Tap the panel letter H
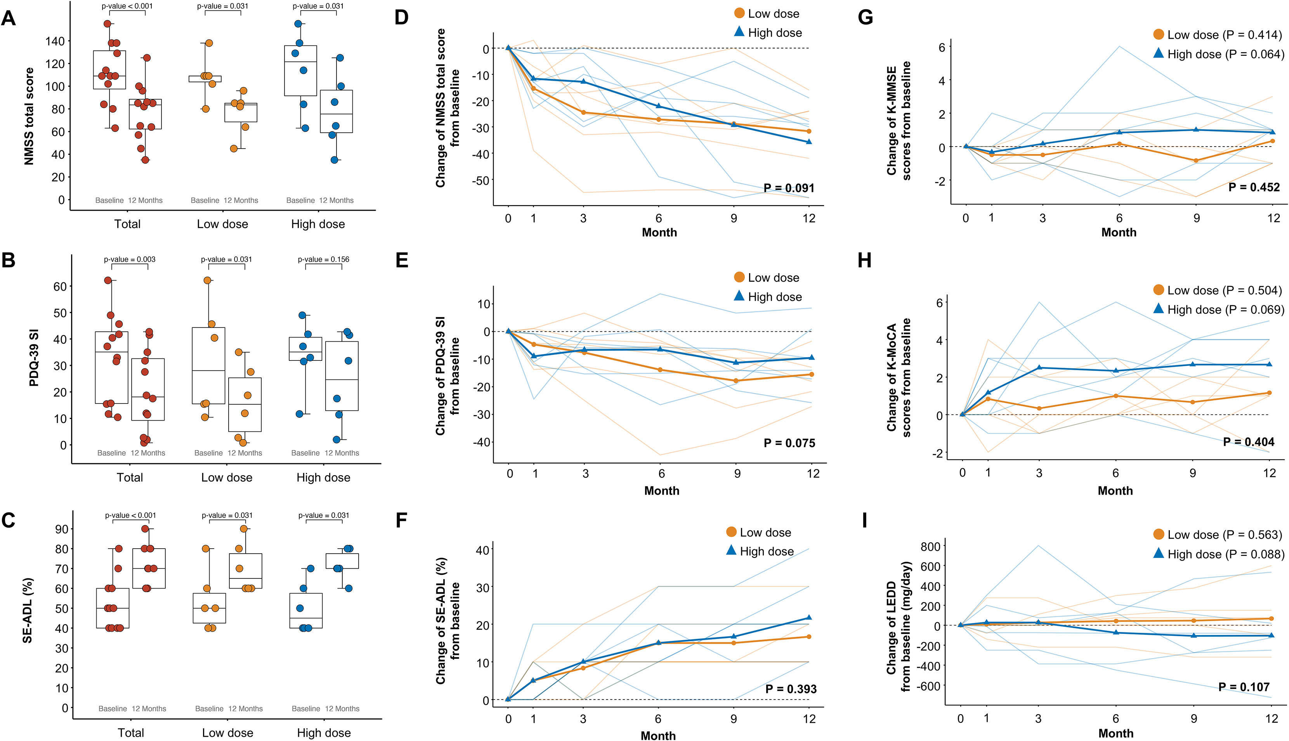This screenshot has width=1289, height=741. point(864,261)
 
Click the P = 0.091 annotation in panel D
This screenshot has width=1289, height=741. point(789,188)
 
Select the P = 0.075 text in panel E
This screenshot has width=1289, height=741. point(789,443)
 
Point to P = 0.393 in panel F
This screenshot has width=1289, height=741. point(791,689)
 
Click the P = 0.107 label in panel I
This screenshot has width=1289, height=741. point(1244,687)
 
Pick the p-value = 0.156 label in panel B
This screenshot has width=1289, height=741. point(323,260)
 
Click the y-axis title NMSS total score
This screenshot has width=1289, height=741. point(29,116)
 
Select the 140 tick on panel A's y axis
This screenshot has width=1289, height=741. point(55,41)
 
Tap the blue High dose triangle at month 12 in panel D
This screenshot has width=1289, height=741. point(809,142)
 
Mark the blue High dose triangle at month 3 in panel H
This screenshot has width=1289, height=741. point(1039,367)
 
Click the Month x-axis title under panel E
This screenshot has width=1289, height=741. point(661,491)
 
